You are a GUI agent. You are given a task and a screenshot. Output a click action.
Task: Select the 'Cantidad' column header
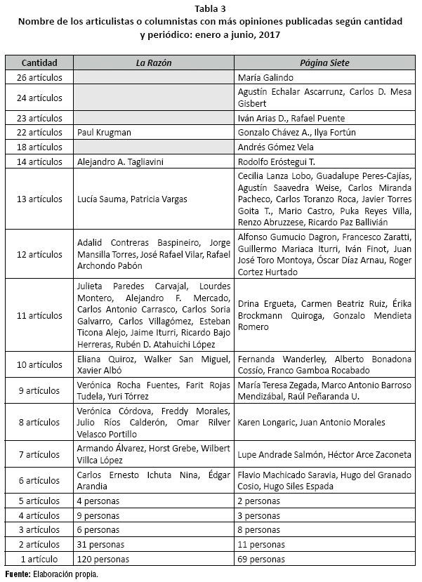tap(39, 63)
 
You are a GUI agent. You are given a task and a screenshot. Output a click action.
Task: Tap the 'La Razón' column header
tap(154, 63)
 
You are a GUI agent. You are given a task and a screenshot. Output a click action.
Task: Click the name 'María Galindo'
tap(265, 78)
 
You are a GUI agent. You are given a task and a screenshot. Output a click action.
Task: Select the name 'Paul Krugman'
tap(105, 133)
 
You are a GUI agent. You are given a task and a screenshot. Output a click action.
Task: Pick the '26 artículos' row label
tap(39, 78)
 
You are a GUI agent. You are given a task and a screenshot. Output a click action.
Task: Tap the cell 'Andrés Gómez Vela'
tap(275, 147)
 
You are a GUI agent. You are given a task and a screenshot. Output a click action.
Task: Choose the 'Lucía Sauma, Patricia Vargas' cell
tap(132, 199)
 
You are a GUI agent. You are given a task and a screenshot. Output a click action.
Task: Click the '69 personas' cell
tap(261, 560)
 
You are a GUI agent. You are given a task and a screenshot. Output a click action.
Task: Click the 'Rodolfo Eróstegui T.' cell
tap(277, 162)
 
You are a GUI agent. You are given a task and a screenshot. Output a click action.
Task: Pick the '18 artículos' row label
tap(39, 147)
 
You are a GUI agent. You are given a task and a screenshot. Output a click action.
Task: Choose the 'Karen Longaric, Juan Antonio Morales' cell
tap(311, 423)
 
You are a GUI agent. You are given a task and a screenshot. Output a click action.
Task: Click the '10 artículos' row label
tap(39, 364)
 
